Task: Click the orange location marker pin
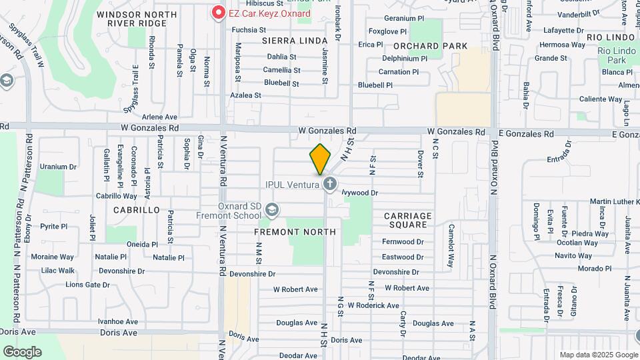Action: [320, 159]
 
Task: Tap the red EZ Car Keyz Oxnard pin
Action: [217, 13]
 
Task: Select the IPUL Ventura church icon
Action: [328, 184]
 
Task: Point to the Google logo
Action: [22, 351]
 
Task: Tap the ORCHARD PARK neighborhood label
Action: [425, 46]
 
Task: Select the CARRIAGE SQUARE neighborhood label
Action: [407, 220]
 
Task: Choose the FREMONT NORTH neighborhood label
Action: [295, 231]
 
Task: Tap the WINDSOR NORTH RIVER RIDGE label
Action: [136, 19]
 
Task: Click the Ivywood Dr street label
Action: [359, 193]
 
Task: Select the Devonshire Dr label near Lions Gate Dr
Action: [123, 271]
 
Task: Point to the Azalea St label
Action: [245, 95]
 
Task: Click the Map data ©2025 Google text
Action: [597, 355]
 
